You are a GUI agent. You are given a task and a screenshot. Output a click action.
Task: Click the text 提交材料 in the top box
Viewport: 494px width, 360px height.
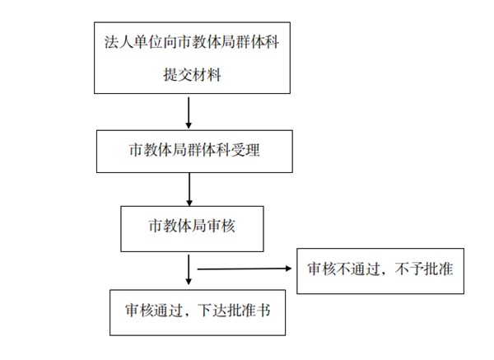(192, 75)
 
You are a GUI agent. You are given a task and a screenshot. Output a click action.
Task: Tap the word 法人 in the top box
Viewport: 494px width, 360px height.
(119, 42)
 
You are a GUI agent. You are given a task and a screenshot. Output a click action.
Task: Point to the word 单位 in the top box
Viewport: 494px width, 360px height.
(147, 42)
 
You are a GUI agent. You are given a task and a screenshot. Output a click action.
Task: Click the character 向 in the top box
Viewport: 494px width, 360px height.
(170, 42)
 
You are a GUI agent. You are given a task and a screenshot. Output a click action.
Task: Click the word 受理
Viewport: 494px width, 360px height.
(245, 150)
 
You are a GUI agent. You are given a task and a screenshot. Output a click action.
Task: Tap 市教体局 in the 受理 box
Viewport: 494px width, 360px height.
(158, 150)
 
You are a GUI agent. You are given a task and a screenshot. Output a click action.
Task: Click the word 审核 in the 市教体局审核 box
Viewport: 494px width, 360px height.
(221, 226)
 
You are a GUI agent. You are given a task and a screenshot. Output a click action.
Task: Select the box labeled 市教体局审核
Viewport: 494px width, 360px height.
(192, 229)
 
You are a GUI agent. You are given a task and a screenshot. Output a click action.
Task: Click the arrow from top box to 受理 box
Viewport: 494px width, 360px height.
(189, 113)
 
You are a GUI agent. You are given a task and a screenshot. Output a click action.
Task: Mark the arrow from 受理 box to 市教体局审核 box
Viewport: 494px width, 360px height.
(189, 189)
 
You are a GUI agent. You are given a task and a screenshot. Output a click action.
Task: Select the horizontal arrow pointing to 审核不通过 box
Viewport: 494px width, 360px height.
(245, 269)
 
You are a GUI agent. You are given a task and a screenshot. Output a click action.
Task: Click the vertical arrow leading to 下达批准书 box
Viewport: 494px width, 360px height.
(189, 269)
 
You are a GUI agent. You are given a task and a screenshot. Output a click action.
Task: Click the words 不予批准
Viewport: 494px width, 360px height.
(424, 269)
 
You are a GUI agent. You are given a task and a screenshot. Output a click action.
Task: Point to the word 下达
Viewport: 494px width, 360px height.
(212, 311)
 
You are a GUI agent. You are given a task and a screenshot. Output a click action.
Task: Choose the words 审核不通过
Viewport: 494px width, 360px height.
(343, 269)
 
